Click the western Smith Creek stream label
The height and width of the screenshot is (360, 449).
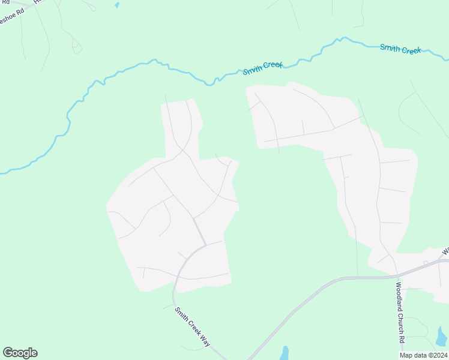click(263, 68)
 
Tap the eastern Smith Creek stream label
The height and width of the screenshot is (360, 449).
click(400, 49)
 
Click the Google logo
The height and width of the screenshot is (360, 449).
click(20, 353)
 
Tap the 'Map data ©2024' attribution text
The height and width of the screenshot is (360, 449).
click(423, 355)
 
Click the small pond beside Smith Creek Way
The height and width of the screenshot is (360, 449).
click(285, 352)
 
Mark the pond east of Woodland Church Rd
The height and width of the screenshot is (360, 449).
click(442, 336)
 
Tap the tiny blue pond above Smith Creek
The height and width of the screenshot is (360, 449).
click(116, 5)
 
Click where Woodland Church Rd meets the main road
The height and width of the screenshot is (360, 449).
click(397, 276)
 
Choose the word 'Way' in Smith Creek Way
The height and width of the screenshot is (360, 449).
click(205, 342)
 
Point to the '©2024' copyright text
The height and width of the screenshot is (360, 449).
click(436, 355)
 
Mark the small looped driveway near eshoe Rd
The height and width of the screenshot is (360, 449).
click(76, 47)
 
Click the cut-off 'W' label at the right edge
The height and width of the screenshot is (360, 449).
click(445, 250)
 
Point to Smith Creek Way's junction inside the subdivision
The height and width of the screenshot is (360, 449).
click(206, 245)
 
